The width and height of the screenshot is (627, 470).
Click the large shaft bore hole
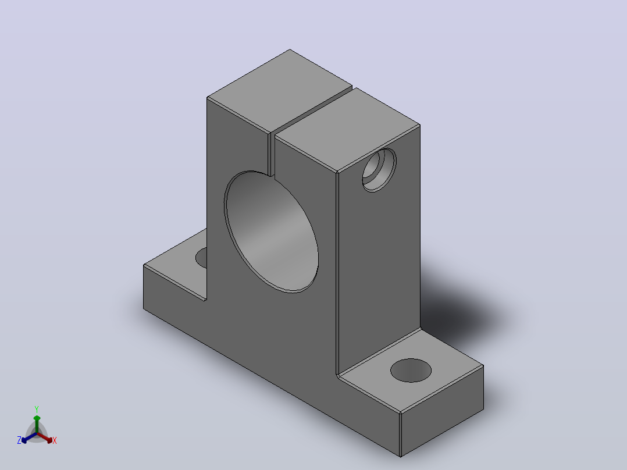pos(271,232)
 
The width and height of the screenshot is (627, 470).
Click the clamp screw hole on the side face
pos(379,169)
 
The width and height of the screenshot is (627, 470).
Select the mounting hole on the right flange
pos(411,370)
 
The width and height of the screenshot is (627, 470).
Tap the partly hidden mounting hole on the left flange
pos(201,258)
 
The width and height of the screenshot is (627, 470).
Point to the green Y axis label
pos(37,409)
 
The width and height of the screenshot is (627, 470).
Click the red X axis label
pos(55,440)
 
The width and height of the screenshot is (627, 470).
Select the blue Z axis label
pos(19,440)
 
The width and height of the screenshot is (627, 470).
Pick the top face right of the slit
pos(347,130)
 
